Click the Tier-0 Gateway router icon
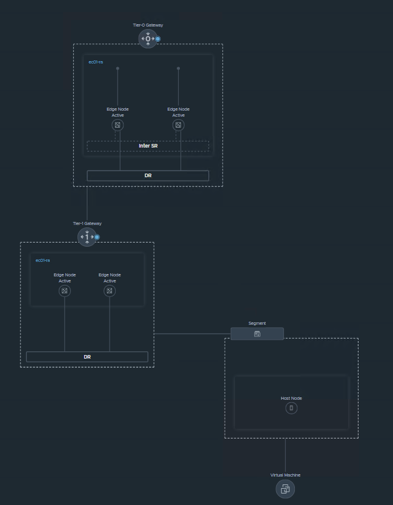[x=148, y=39]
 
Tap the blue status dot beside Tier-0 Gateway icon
[x=158, y=39]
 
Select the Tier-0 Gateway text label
[x=148, y=25]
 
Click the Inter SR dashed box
[x=148, y=146]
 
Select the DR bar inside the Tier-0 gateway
[x=148, y=175]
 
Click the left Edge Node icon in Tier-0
[x=117, y=125]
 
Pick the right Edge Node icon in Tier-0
[x=178, y=125]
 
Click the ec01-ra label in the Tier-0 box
[x=96, y=62]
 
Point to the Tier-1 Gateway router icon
[x=87, y=236]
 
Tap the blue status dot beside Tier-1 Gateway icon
[x=97, y=237]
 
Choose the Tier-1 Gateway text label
[x=87, y=224]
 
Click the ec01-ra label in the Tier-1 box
[x=43, y=261]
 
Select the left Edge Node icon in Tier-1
[x=65, y=291]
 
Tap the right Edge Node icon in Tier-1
[x=110, y=291]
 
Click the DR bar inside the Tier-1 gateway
[x=87, y=357]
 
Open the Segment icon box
[x=257, y=334]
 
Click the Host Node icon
[x=291, y=408]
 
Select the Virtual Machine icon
[x=285, y=489]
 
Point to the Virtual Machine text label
[x=285, y=475]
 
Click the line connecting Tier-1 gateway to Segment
[x=192, y=333]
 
